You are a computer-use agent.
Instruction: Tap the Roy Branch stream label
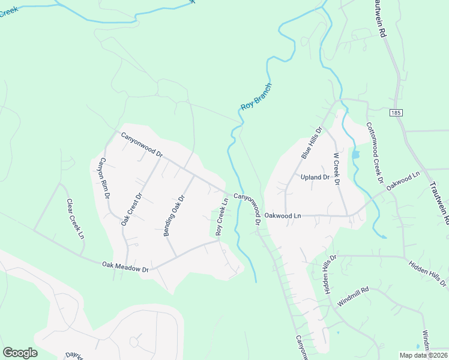coord(256,96)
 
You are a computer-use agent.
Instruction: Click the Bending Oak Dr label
coord(174,215)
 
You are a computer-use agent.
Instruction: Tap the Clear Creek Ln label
coord(75,218)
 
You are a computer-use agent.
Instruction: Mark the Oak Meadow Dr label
coord(125,266)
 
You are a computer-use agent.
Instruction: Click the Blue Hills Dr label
coord(312,143)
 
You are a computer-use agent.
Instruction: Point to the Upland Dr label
coord(315,178)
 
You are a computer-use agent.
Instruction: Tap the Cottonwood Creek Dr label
coord(375,152)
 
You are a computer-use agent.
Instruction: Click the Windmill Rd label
coord(352,297)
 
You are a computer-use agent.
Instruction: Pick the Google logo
coord(20,353)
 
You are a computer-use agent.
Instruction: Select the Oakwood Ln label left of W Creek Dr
coord(283,215)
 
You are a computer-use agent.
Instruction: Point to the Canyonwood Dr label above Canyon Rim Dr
coord(142,145)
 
